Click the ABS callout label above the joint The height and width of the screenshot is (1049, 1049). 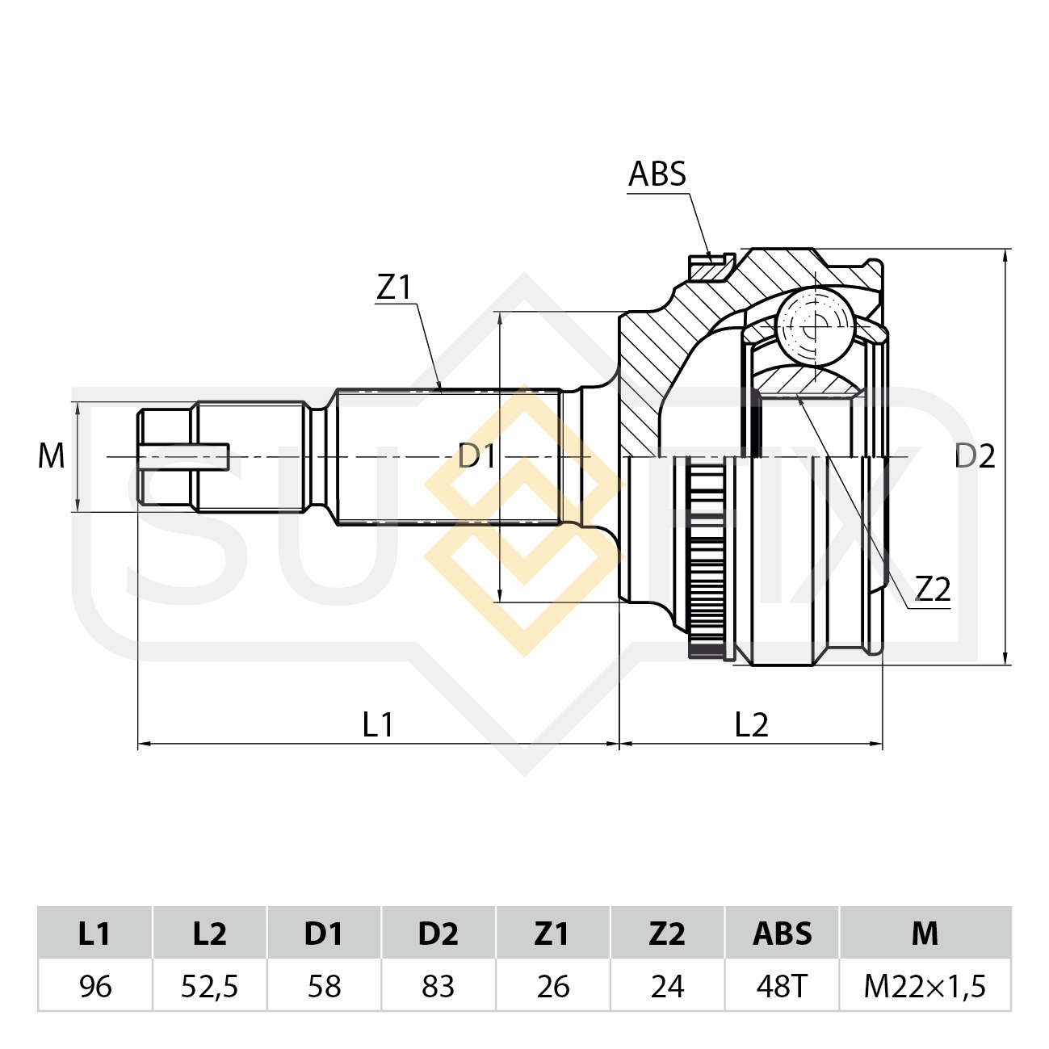pos(657,174)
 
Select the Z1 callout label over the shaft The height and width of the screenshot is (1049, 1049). pos(394,287)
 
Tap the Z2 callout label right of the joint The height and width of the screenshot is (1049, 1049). pos(933,590)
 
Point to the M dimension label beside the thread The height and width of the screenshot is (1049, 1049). pos(51,456)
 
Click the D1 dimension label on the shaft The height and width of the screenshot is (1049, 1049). pos(476,456)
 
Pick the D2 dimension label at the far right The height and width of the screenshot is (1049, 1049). pos(975,456)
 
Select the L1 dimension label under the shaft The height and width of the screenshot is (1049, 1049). pos(377,724)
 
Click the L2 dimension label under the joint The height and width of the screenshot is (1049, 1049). pos(751,724)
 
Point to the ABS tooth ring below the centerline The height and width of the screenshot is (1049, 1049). pos(706,557)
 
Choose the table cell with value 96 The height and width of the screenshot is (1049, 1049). pos(95,986)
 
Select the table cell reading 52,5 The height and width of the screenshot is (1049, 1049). pos(210,986)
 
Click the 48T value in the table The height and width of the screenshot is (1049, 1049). pos(782,986)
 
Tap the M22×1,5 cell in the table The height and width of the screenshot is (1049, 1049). pos(925,986)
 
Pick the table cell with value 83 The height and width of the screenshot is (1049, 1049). pos(438,986)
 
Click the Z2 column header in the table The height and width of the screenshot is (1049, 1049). pos(667,934)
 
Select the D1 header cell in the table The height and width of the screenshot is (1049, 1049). pos(324,934)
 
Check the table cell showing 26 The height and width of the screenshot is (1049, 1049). pos(553,986)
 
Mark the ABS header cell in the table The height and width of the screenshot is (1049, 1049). pos(782,934)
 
